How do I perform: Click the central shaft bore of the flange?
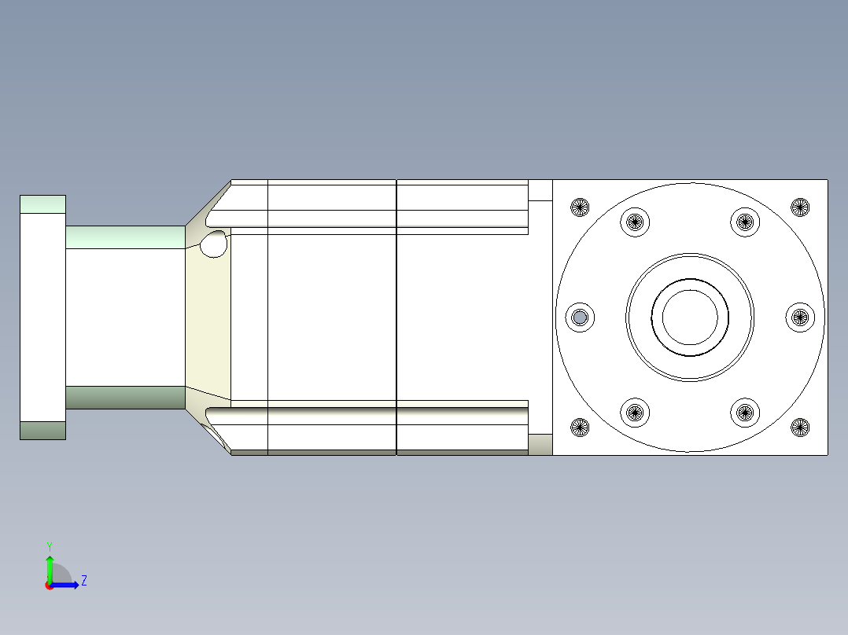click(x=690, y=317)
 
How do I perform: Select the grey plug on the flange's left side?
click(x=580, y=317)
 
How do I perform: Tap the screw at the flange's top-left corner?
click(x=580, y=207)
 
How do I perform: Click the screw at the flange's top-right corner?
click(x=800, y=207)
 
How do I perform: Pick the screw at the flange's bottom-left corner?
click(x=580, y=428)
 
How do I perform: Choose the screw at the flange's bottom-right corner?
click(x=800, y=428)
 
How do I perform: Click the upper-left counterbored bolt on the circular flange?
click(x=634, y=222)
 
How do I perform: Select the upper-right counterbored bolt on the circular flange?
click(x=744, y=222)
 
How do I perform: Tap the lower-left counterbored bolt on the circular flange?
click(x=634, y=411)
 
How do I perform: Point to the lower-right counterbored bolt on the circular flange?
click(x=744, y=411)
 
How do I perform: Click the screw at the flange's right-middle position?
click(x=800, y=317)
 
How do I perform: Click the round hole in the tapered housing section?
click(x=213, y=245)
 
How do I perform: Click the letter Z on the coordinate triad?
click(x=83, y=581)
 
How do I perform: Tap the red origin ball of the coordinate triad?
click(x=50, y=585)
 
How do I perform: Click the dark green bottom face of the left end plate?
click(x=42, y=430)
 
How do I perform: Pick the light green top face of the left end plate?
click(x=42, y=204)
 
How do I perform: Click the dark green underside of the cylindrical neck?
click(x=125, y=397)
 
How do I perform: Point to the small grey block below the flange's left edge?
click(x=540, y=445)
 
